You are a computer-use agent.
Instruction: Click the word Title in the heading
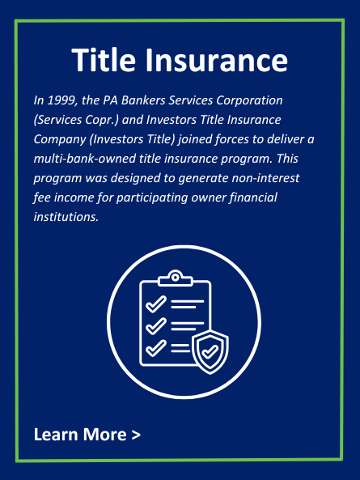point(104,60)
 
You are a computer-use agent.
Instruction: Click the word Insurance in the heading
point(216,60)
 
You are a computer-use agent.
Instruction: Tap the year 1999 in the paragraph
point(62,100)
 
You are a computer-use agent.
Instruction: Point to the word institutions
point(66,217)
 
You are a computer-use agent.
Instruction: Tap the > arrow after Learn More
point(136,435)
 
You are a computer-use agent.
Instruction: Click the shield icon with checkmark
point(210,352)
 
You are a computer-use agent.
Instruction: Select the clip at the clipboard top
point(176,278)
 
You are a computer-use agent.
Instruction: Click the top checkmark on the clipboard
point(156,304)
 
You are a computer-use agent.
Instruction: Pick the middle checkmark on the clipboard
point(156,325)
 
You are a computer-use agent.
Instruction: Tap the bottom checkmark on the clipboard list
point(156,348)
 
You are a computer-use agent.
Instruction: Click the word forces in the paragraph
point(232,139)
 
